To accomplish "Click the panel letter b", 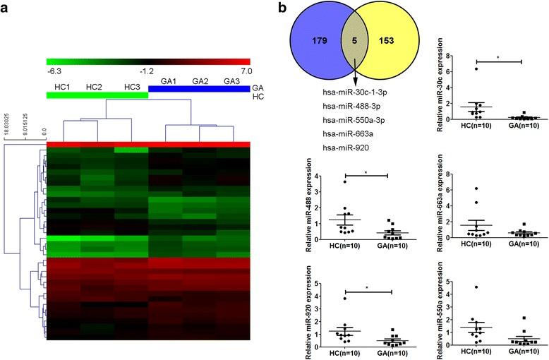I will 282,8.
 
